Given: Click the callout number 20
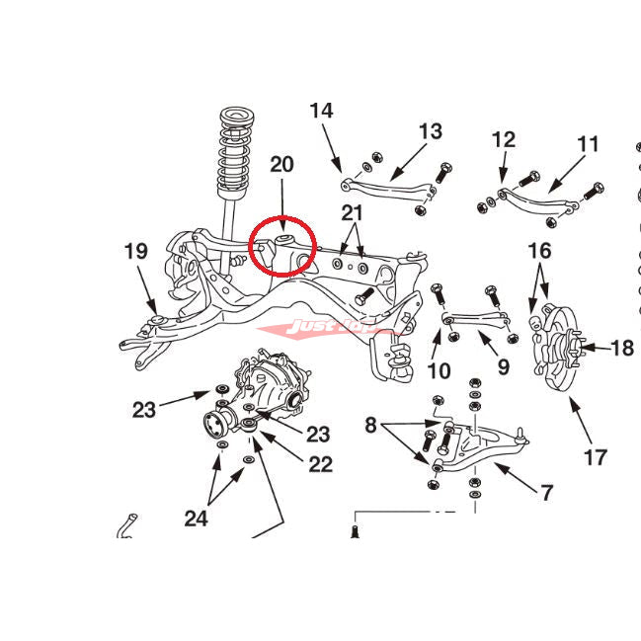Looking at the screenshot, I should [281, 164].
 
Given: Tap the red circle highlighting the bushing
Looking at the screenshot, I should [282, 244].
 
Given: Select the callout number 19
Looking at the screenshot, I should [136, 251].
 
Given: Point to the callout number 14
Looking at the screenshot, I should [322, 110].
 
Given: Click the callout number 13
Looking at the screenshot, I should [431, 131].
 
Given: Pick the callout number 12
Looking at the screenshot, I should [504, 139].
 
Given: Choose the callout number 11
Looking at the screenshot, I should [589, 144].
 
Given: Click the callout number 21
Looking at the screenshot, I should [353, 212].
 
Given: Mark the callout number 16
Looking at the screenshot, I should [540, 251].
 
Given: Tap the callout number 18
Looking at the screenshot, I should [622, 348].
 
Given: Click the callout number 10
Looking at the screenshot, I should [440, 371].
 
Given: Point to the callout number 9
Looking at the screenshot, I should [504, 368].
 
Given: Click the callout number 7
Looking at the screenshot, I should [546, 493].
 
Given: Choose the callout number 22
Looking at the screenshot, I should [320, 463].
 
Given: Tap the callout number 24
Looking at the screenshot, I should [196, 518].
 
